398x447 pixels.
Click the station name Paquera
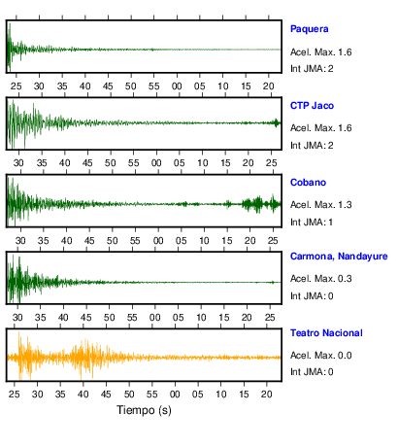tap(309, 29)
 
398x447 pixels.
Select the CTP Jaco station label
tap(312, 106)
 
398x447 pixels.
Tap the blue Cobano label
tap(308, 183)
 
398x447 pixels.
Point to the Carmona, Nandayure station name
tap(339, 257)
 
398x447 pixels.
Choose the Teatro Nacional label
tap(326, 333)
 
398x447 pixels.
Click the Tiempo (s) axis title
tap(144, 410)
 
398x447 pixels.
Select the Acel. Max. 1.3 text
tap(321, 205)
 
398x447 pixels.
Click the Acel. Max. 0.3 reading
tap(321, 279)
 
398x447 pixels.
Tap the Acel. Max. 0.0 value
tap(321, 356)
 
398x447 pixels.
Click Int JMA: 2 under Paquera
tap(312, 69)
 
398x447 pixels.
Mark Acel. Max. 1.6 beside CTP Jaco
tap(321, 128)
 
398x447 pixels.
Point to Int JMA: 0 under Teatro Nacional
tap(312, 371)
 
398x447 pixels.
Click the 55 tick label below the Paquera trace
tap(153, 86)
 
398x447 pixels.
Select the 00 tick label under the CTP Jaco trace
tap(156, 163)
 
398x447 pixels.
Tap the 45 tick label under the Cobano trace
tap(89, 241)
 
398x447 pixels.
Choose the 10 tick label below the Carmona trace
tap(201, 318)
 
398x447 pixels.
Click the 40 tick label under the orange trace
tap(83, 395)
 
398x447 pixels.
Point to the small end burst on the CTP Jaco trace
tap(277, 122)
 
